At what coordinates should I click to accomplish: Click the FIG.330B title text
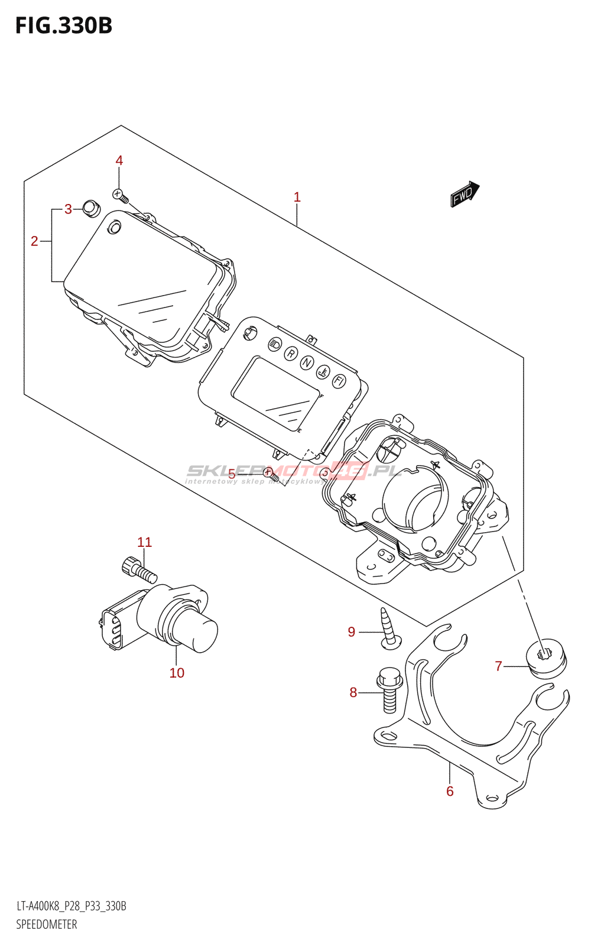point(64,26)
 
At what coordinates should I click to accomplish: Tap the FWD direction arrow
point(465,194)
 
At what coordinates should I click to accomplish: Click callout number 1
point(297,197)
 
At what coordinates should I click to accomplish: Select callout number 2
point(34,241)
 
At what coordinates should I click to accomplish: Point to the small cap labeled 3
point(90,208)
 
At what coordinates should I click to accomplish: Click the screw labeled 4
point(121,196)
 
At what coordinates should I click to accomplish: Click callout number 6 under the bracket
point(450,791)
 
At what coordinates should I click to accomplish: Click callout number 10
point(177,673)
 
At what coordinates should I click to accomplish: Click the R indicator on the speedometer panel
point(290,354)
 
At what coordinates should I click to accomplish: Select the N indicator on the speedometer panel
point(306,362)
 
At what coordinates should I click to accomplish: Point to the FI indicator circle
point(339,381)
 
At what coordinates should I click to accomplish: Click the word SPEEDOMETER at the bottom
point(47,925)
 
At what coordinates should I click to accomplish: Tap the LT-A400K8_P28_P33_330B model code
point(71,906)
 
